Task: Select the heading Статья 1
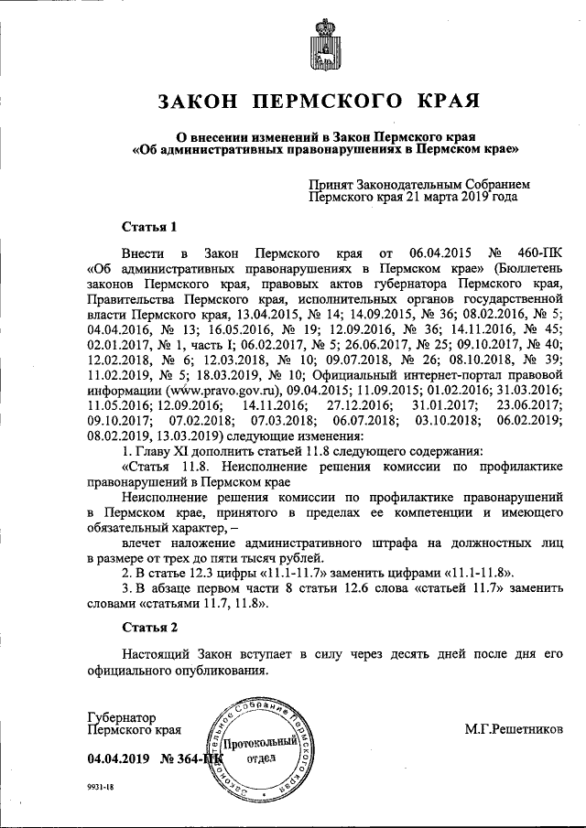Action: click(149, 226)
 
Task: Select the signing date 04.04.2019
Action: click(118, 758)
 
